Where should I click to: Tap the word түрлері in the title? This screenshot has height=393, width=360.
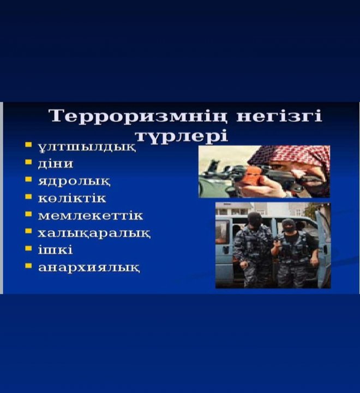pos(182,136)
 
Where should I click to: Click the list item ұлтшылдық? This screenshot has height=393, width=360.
pos(87,147)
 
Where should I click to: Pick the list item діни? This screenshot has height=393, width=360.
pos(56,164)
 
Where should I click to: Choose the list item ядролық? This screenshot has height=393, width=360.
pos(74,181)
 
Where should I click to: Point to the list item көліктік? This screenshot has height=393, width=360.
pos(72,198)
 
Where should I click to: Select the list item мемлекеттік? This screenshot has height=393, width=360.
pos(91,216)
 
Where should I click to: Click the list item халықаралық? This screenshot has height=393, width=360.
pos(94,234)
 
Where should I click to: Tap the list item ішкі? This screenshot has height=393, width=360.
pos(56,249)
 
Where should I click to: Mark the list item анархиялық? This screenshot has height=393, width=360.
pos(89,267)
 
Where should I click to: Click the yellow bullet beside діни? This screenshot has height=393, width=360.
pos(28,162)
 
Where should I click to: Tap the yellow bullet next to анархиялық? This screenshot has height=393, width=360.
pos(28,266)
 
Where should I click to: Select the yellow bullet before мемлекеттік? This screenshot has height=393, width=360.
pos(28,214)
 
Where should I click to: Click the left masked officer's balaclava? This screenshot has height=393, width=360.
pos(254,220)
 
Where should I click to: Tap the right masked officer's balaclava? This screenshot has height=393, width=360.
pos(289,226)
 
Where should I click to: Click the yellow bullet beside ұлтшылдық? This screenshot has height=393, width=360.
pos(28,145)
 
